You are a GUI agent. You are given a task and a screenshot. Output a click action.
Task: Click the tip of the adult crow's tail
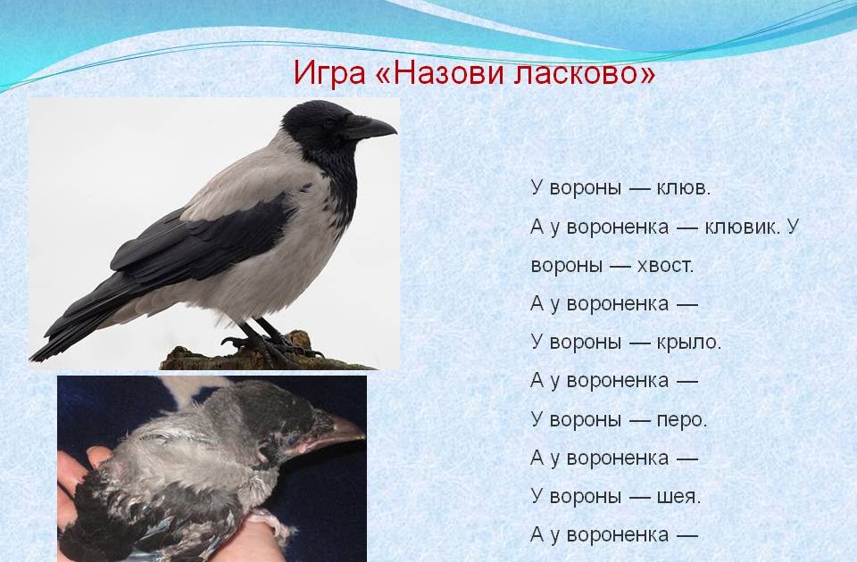click(34, 358)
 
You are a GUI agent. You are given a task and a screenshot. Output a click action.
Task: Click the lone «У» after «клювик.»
click(793, 226)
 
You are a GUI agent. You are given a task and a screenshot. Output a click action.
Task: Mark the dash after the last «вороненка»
click(687, 535)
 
